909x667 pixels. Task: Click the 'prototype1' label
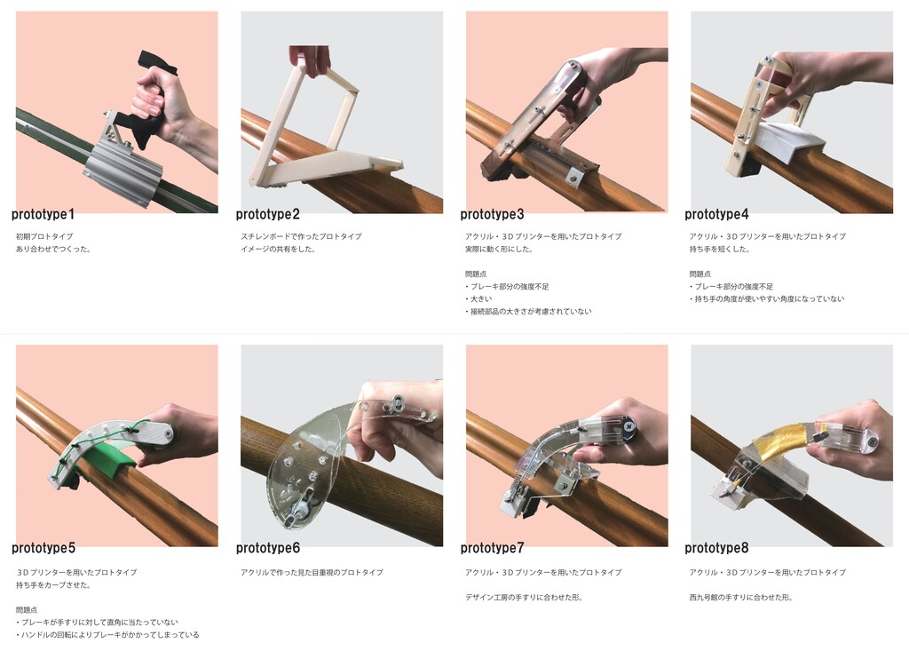pyautogui.click(x=43, y=215)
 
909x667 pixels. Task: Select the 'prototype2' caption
pyautogui.click(x=268, y=215)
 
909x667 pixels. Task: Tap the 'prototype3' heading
pyautogui.click(x=492, y=215)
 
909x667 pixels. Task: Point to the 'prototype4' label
pyautogui.click(x=716, y=215)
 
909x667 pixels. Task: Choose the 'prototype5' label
pyautogui.click(x=43, y=548)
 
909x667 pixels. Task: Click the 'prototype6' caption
pyautogui.click(x=268, y=548)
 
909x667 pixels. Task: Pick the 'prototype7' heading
pyautogui.click(x=492, y=548)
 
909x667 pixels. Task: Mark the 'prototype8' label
pyautogui.click(x=716, y=548)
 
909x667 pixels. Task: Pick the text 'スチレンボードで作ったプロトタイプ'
pyautogui.click(x=301, y=236)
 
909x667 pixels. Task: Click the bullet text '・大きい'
pyautogui.click(x=478, y=299)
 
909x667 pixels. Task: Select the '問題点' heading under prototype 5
pyautogui.click(x=27, y=610)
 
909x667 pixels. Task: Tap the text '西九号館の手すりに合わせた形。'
pyautogui.click(x=741, y=598)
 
